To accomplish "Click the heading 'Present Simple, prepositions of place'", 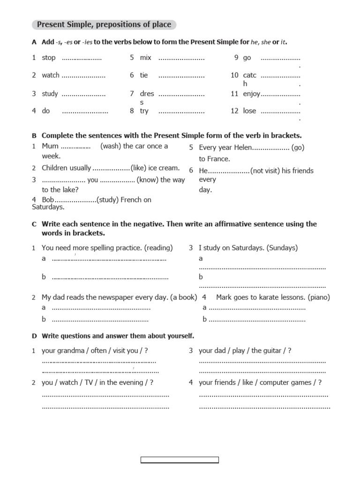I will [x=104, y=24].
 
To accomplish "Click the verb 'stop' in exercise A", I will [x=49, y=58].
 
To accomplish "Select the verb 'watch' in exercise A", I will [x=51, y=75].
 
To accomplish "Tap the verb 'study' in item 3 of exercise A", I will [x=50, y=94].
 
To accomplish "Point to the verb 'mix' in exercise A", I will [x=146, y=58].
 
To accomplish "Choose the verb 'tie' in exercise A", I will [x=144, y=75].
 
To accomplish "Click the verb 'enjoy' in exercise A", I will [x=251, y=94].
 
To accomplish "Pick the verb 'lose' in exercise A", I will [x=250, y=111].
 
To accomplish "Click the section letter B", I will [x=34, y=136].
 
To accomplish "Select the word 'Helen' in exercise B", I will [x=241, y=148].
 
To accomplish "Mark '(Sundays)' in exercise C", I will [x=282, y=247].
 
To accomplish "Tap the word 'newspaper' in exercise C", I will [x=115, y=297].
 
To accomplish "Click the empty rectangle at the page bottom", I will [x=180, y=460].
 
